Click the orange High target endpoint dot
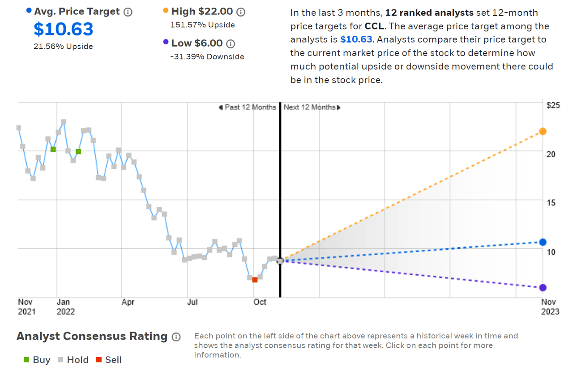point(543,131)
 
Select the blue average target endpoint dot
point(543,242)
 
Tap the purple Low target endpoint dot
point(543,288)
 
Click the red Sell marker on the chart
point(255,280)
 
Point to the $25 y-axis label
point(553,105)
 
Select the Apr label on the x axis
point(128,302)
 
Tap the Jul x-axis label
point(192,302)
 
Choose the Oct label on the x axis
point(260,302)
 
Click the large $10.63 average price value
point(64,29)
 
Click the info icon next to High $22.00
point(241,12)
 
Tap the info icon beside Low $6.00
point(231,43)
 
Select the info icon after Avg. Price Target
point(128,12)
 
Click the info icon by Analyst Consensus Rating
point(176,337)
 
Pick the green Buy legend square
point(27,360)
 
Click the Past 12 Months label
point(247,107)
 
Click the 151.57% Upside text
point(202,25)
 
